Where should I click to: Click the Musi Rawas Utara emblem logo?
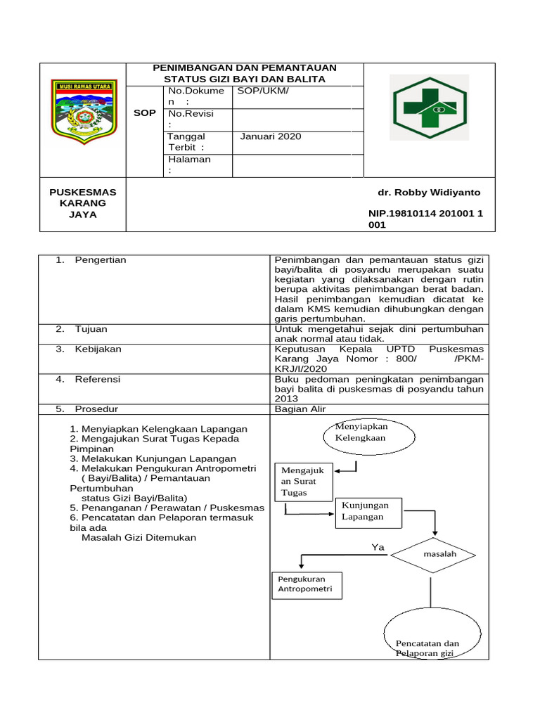point(83,110)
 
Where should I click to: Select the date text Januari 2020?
point(270,136)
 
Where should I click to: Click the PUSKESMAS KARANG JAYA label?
point(83,203)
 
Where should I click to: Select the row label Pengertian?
point(101,260)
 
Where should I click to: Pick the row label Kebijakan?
point(98,349)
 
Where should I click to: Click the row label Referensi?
point(98,379)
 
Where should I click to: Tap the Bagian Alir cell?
point(300,409)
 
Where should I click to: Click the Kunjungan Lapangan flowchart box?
point(370,511)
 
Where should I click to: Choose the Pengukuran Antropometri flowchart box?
point(306,584)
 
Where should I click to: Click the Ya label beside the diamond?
point(378,547)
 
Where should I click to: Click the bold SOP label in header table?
point(145,112)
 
